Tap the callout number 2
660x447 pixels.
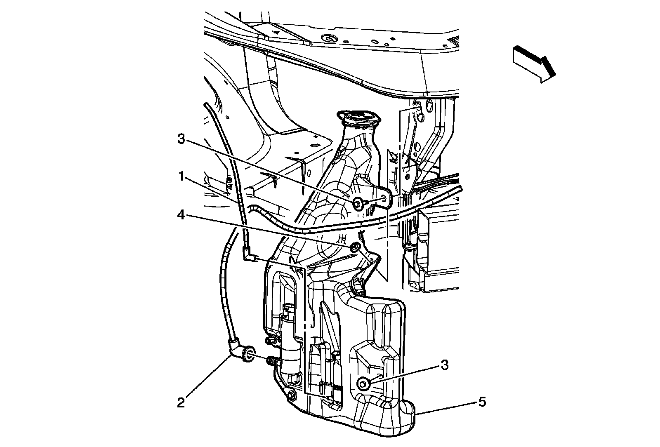181,402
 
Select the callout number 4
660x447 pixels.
180,215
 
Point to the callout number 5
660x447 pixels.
482,401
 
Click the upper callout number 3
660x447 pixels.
180,139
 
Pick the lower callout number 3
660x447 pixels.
444,365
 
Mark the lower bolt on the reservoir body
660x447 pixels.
363,383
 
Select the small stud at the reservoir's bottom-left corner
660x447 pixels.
292,396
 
